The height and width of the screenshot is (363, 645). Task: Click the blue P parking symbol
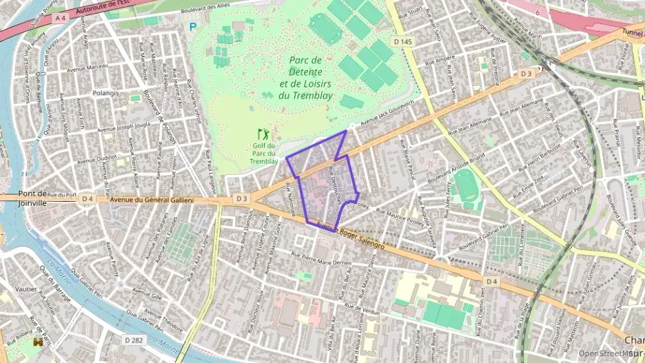click(x=192, y=27)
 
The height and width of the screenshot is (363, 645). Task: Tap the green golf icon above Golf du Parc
click(x=263, y=134)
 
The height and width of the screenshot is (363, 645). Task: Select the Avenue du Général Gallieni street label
click(x=152, y=200)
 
